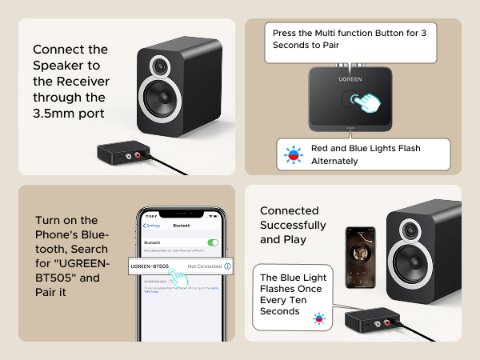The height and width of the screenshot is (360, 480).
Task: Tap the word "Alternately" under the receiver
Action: pyautogui.click(x=334, y=161)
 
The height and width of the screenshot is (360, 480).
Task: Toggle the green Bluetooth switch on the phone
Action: pyautogui.click(x=213, y=242)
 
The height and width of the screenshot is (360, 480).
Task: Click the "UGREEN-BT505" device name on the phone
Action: pyautogui.click(x=155, y=266)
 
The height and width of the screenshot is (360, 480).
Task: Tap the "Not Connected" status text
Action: pyautogui.click(x=204, y=266)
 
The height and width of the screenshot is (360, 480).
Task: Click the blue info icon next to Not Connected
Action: pyautogui.click(x=228, y=266)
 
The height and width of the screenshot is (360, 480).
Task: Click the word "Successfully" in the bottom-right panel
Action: pyautogui.click(x=293, y=225)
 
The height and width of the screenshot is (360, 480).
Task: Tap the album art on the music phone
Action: pyautogui.click(x=360, y=250)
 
